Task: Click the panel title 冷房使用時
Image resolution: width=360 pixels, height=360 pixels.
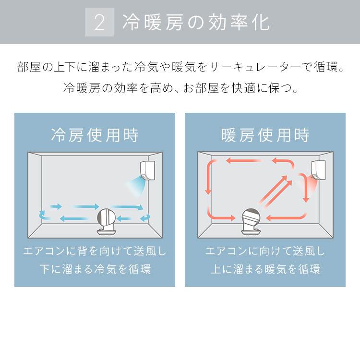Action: point(95,135)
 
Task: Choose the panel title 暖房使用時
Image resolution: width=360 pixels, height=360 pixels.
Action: point(265,135)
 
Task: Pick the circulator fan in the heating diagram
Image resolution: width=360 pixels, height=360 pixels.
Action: point(252,222)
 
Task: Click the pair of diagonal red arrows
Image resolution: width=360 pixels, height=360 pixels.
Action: point(276,191)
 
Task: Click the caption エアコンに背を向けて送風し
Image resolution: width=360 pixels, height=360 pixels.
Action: point(95,251)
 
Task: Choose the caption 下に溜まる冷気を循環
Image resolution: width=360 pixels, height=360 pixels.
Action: point(95,269)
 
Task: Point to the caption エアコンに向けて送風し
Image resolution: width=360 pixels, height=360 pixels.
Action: point(265,251)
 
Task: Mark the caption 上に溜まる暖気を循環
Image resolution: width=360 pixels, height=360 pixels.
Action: point(265,269)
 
